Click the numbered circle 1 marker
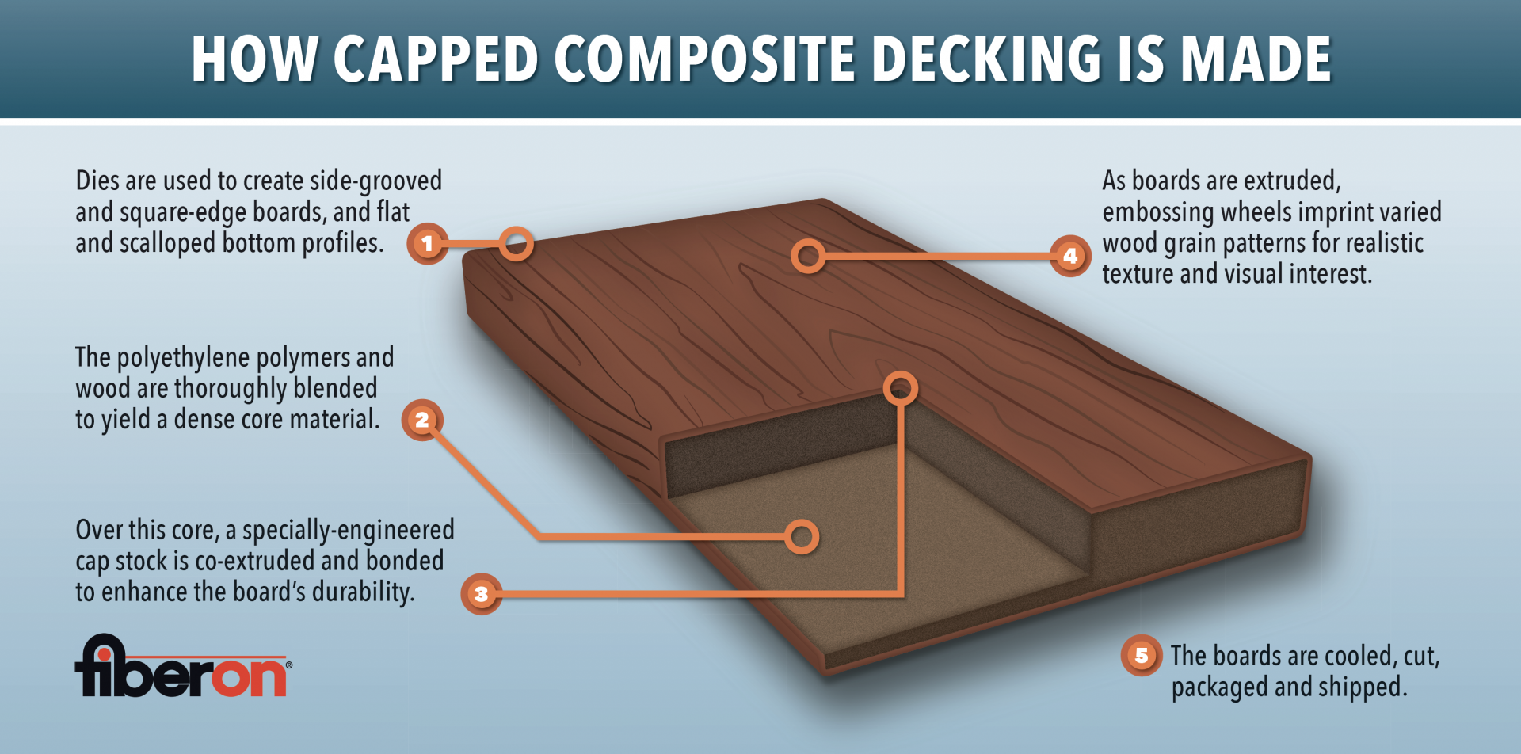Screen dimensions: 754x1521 [428, 243]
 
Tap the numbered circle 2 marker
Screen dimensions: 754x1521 [422, 420]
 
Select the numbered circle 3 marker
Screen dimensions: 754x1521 [481, 594]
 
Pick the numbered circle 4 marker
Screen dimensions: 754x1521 [1070, 256]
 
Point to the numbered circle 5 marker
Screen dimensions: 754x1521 [1142, 656]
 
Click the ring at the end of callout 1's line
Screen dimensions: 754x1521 [516, 244]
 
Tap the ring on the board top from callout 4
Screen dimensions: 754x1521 [808, 256]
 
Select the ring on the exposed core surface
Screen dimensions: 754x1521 [802, 536]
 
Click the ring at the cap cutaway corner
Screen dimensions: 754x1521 [901, 388]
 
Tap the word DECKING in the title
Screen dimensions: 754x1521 [986, 59]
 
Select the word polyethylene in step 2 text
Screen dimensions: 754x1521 [185, 359]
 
